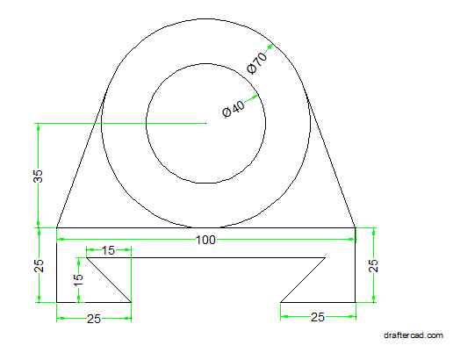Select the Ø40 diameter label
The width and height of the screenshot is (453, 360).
coord(234,110)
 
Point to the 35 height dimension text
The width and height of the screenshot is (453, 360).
coord(38,176)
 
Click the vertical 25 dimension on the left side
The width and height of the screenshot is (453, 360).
coord(38,265)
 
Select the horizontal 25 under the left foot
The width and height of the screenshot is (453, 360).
coord(93,319)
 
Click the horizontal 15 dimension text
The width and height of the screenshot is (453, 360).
coord(108,251)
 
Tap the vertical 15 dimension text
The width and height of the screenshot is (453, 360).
coord(78,280)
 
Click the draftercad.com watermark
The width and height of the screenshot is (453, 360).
coord(413,335)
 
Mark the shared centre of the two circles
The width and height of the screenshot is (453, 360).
coord(206,123)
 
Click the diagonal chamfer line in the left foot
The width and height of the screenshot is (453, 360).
coord(108,280)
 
